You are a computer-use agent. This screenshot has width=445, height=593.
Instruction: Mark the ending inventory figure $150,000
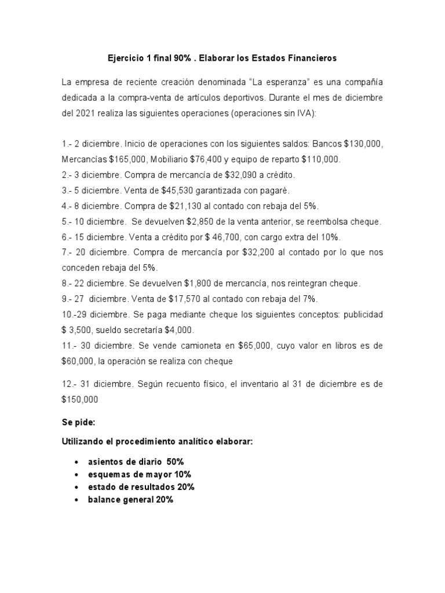pyautogui.click(x=80, y=400)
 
